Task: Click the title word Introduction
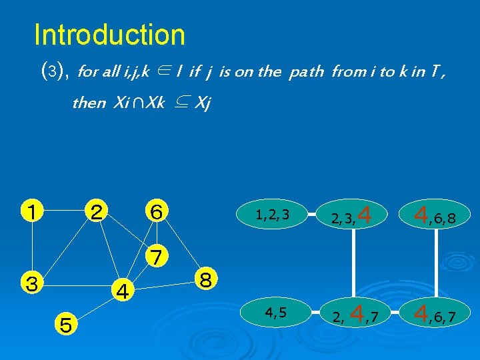109,35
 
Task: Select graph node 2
97,212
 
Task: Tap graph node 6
157,212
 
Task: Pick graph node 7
157,256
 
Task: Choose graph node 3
31,282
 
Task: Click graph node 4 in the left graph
122,291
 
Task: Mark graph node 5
65,325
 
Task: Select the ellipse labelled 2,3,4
353,215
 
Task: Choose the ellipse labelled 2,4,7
353,312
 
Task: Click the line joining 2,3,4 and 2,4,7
353,263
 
